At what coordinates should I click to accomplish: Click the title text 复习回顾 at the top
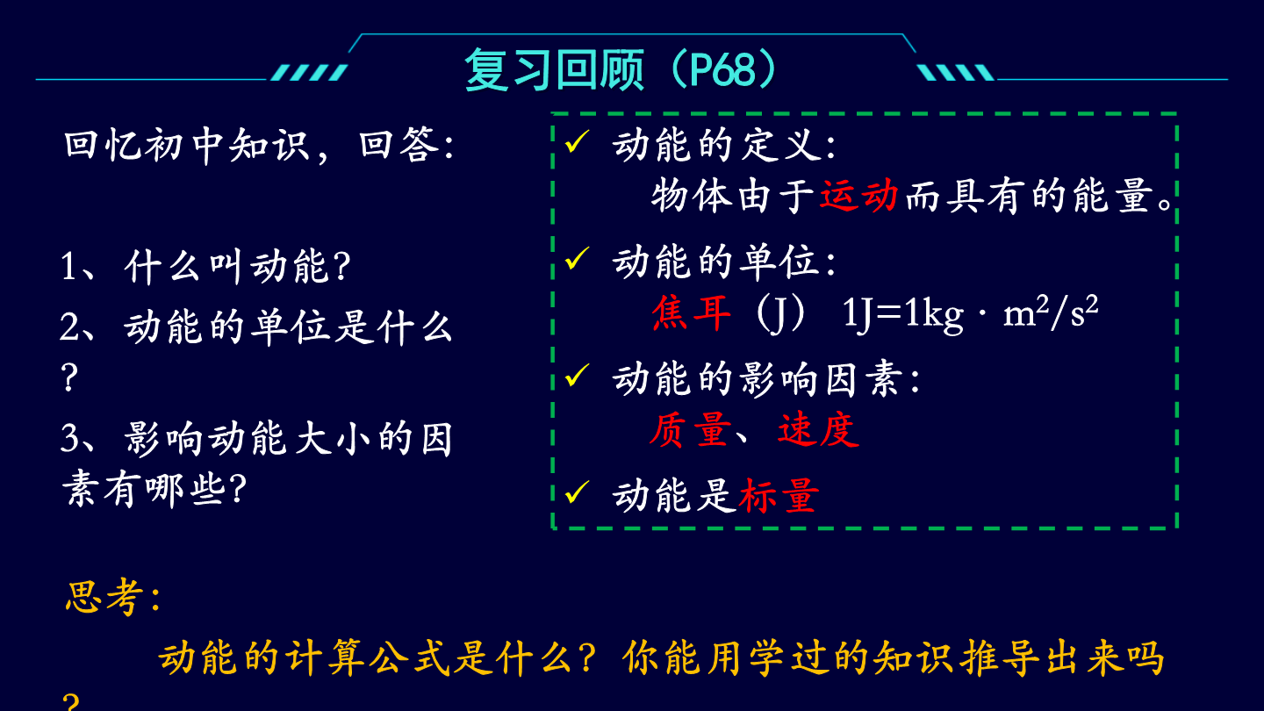[x=554, y=70]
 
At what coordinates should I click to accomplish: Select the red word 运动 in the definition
[x=858, y=196]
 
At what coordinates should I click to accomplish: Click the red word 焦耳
[x=692, y=313]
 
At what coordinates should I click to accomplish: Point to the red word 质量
[x=690, y=430]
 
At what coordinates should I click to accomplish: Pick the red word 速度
[x=819, y=430]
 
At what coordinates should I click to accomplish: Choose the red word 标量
[x=779, y=495]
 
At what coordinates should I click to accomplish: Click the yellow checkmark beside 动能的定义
[x=577, y=141]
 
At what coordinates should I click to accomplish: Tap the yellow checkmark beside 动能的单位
[x=577, y=258]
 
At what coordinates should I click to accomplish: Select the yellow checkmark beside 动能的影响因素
[x=577, y=376]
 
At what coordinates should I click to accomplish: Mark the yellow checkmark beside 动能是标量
[x=577, y=492]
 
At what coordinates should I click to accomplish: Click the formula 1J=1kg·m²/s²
[x=970, y=313]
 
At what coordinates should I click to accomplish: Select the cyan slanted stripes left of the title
[x=309, y=72]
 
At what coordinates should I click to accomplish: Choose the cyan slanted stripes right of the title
[x=955, y=72]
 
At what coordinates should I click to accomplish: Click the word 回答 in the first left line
[x=399, y=145]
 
